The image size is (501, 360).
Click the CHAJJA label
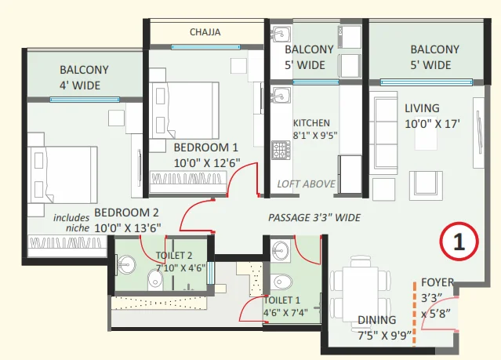point(205,32)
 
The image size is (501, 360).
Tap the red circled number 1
point(459,242)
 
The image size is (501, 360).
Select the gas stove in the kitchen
point(281,151)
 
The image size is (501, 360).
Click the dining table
point(361,294)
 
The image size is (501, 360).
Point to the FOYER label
point(437,282)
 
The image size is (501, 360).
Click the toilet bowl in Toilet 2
point(155,280)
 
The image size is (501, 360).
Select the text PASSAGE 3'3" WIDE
point(314,218)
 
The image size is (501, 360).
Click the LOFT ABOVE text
point(306,184)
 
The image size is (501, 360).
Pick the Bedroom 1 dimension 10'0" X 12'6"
point(207,163)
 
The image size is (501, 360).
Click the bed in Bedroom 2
point(62,175)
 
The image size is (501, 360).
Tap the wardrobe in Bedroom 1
point(188,182)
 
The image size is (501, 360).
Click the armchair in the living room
point(427,186)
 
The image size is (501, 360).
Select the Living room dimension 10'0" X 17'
point(432,124)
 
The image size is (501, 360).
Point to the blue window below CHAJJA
point(205,47)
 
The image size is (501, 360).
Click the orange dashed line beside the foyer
point(415,314)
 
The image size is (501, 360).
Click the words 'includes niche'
point(71,223)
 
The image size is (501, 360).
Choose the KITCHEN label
point(311,123)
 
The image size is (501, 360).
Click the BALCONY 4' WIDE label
point(84,78)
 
